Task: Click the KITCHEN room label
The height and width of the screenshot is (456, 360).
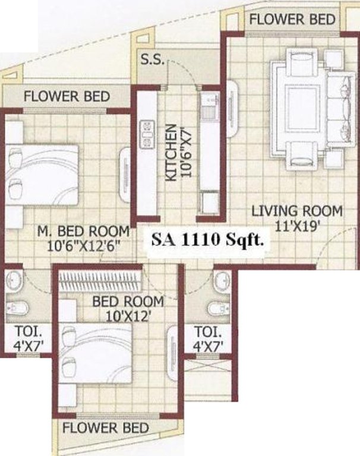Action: click(x=170, y=152)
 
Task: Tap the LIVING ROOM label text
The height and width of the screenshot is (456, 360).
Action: click(x=296, y=210)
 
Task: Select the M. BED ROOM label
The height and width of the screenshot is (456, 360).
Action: click(x=83, y=230)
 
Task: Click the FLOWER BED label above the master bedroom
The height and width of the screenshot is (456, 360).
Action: click(x=67, y=96)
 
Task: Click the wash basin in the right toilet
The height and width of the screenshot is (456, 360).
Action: click(x=223, y=279)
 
